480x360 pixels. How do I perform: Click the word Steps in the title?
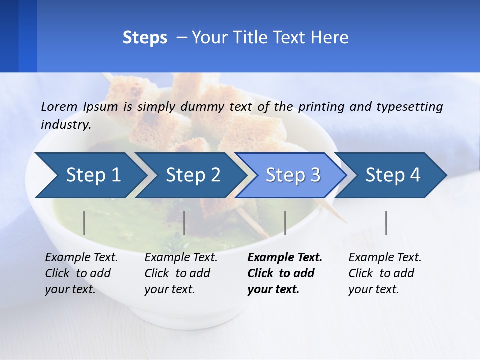(145, 38)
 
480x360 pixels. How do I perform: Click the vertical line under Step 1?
(84, 223)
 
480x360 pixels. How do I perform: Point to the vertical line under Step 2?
(184, 223)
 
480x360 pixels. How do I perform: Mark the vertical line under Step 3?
(285, 223)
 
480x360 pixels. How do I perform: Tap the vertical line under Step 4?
(386, 223)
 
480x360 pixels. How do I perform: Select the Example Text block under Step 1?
(81, 273)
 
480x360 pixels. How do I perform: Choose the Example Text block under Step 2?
(181, 273)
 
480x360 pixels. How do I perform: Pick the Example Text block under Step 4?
(385, 273)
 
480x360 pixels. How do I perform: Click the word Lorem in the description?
(59, 107)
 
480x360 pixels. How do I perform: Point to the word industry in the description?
(65, 125)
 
